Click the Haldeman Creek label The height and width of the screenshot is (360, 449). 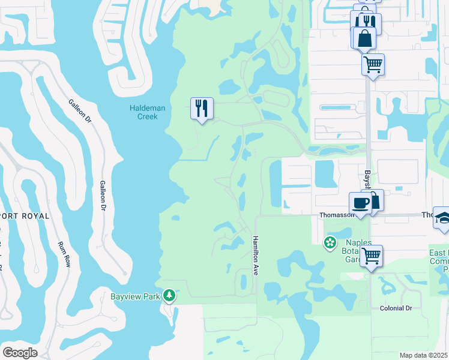click(143, 112)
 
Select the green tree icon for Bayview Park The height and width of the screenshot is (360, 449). click(170, 296)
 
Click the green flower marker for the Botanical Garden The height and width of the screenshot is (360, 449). click(330, 243)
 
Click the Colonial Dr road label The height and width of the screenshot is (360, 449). click(396, 308)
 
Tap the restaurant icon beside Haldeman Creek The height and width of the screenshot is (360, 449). click(201, 109)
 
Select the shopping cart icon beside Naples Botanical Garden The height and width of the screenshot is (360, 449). click(372, 256)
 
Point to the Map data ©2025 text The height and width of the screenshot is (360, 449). click(424, 355)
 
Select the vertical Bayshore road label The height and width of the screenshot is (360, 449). click(367, 181)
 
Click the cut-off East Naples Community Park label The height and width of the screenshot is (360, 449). click(439, 262)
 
